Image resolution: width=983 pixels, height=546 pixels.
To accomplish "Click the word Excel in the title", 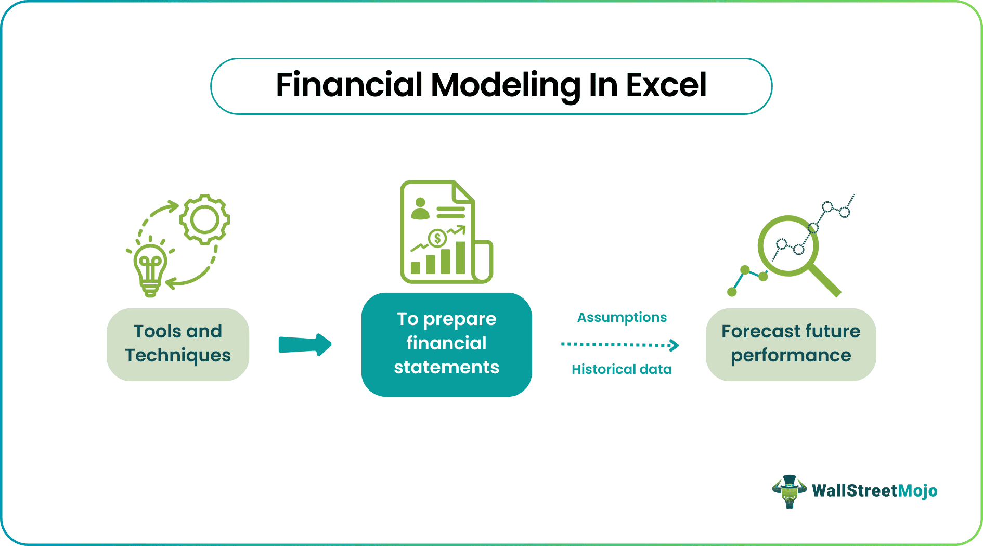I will (x=666, y=85).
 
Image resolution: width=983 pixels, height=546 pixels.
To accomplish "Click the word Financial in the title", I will (x=349, y=85).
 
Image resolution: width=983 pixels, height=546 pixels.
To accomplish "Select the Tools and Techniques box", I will (x=178, y=344).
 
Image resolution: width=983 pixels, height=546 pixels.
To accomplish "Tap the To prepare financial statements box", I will (x=446, y=344).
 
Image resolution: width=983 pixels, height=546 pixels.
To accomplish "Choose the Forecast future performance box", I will (x=791, y=344).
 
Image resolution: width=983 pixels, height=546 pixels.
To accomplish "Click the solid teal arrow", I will (x=305, y=344).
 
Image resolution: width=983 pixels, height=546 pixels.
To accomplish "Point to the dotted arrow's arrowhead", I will (x=674, y=345).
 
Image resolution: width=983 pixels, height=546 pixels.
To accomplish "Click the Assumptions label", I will (x=622, y=317).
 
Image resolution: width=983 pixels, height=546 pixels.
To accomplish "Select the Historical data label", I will (x=622, y=369).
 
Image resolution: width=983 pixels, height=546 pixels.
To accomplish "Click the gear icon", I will (x=204, y=219).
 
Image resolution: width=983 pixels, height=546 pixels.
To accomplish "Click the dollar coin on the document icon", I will (x=437, y=238).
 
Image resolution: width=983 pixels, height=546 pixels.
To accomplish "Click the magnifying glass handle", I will (x=825, y=281).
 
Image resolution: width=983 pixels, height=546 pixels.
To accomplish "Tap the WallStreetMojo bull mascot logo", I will (x=789, y=491).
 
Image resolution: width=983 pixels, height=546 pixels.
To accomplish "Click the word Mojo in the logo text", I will (x=917, y=491).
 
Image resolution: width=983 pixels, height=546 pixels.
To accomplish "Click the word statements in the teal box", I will (x=446, y=367).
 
